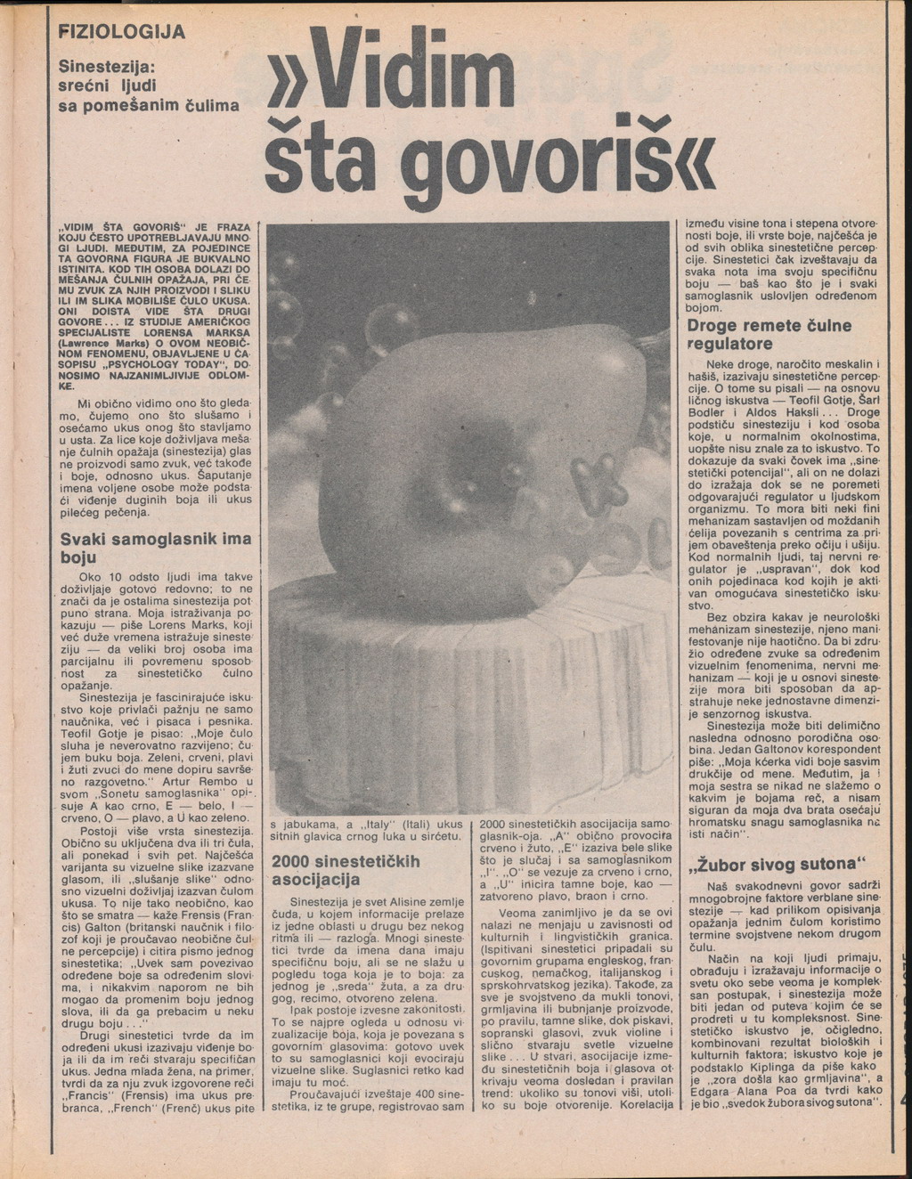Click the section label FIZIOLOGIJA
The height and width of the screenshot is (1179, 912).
point(121,33)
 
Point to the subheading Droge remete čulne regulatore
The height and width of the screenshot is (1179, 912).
point(769,334)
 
